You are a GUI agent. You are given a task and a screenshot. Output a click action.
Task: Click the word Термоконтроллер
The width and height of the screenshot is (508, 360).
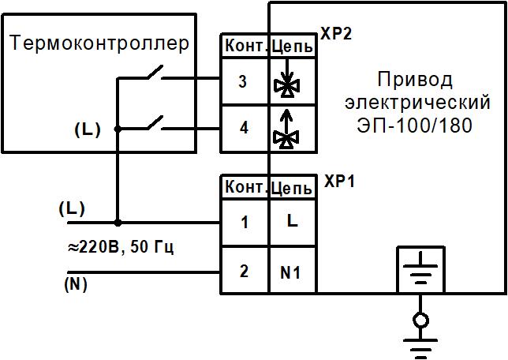tap(100, 43)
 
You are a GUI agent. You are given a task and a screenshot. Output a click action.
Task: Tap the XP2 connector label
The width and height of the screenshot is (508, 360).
tap(337, 36)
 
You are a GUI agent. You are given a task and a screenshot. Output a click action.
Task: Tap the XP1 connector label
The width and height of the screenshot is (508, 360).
tap(340, 181)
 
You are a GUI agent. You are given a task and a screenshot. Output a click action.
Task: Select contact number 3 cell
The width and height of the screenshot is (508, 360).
tap(244, 82)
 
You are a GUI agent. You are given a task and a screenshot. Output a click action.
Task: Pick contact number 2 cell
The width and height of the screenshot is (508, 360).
tap(244, 271)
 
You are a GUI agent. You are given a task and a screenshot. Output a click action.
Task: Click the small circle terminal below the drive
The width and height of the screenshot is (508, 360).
tap(420, 320)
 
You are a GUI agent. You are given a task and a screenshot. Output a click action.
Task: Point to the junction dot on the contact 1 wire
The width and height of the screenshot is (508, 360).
tap(118, 223)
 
